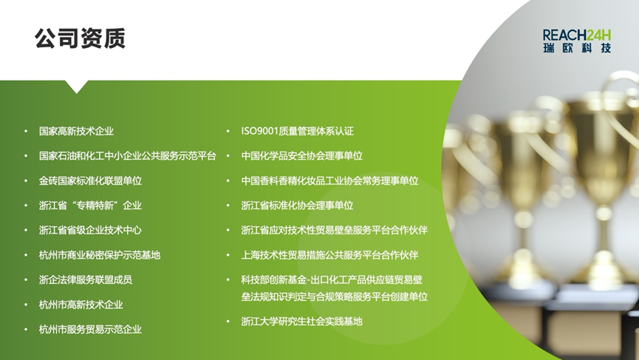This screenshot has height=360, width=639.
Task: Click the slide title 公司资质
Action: click(x=80, y=38)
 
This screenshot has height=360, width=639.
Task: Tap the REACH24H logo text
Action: click(x=577, y=35)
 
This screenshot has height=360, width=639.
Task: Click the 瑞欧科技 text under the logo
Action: click(x=577, y=48)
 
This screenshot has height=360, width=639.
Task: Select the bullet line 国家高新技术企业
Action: click(x=76, y=132)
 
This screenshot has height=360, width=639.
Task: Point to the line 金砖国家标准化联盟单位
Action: click(x=90, y=180)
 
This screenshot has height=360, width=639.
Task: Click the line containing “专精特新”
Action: click(x=90, y=206)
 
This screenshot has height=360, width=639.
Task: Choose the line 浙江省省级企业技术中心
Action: click(x=90, y=231)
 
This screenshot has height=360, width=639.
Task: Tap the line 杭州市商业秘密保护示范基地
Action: click(x=100, y=255)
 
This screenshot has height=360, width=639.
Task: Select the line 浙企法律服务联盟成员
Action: click(x=86, y=279)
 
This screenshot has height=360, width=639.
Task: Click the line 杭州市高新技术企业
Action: click(x=81, y=305)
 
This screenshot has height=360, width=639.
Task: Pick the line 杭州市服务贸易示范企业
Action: click(x=90, y=330)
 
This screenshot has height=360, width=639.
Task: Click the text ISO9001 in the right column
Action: click(x=259, y=132)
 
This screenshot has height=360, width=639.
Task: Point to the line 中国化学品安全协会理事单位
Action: click(x=301, y=156)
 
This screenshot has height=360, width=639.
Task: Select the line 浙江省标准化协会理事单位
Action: click(x=297, y=206)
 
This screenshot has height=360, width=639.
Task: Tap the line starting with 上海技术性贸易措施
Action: click(x=329, y=255)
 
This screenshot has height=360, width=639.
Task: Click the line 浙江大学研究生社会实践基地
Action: click(x=301, y=322)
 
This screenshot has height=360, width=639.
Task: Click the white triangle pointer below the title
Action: click(x=76, y=86)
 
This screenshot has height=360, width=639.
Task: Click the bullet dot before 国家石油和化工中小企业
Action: click(x=26, y=156)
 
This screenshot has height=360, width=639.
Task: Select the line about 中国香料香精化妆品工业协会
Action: click(x=329, y=180)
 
